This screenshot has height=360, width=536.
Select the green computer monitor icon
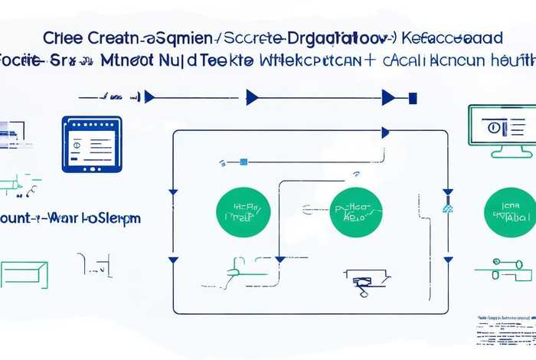[x=500, y=129]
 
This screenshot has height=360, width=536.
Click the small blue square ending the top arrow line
[x=413, y=97]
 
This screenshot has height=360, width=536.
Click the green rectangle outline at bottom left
[x=24, y=274]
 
